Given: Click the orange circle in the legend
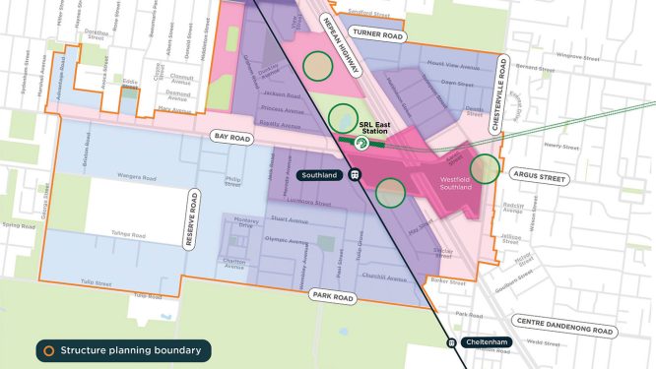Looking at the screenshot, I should [45, 349].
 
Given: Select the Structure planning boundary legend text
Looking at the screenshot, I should [132, 349].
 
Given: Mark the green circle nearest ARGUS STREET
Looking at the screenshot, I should [485, 169].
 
